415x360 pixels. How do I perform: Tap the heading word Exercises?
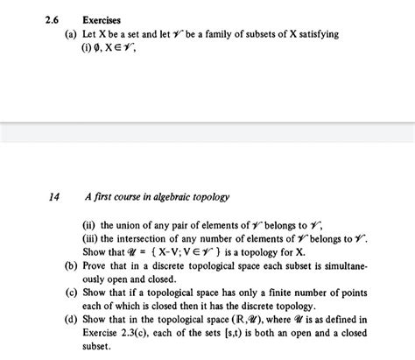[x=102, y=18]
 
